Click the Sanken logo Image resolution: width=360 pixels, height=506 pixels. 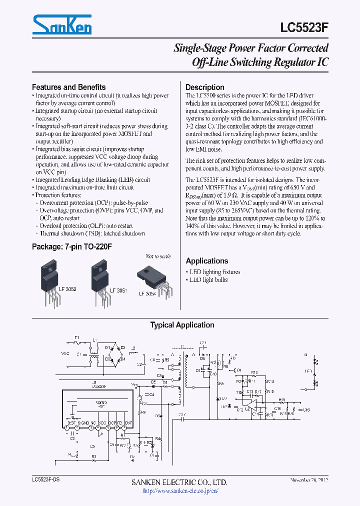62,24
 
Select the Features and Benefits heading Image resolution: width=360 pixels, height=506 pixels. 68,86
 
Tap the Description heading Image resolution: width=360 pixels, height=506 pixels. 205,87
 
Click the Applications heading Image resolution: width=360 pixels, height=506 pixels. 206,260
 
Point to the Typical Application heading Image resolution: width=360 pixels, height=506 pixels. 182,325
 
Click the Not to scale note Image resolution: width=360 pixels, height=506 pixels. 158,256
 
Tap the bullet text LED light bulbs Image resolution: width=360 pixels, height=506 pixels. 208,279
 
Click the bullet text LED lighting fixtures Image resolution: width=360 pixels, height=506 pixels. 215,272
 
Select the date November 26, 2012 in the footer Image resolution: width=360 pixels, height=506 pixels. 308,480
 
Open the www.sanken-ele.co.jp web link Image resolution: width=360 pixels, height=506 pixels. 180,490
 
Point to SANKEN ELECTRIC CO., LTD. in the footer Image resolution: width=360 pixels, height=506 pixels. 179,482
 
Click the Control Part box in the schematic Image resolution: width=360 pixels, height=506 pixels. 101,404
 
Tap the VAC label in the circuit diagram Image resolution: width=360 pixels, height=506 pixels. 65,353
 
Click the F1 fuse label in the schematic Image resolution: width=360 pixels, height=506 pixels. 76,338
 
